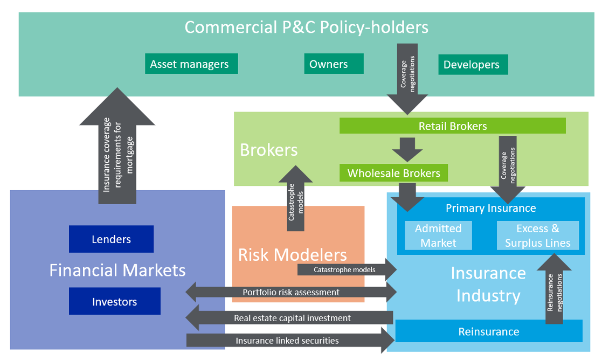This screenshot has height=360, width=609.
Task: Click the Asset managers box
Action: [191, 64]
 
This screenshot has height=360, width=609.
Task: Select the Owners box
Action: [333, 64]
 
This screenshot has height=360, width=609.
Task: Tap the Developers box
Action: [473, 65]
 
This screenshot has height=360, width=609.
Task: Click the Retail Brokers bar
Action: [452, 126]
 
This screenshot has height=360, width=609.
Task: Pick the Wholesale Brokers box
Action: [393, 173]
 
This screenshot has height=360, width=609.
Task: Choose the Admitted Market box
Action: [438, 236]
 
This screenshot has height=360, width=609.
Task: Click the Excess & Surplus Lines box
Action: [537, 236]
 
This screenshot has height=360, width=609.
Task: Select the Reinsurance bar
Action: [489, 331]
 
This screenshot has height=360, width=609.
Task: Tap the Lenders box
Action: [111, 239]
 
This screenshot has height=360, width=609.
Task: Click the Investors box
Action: [114, 301]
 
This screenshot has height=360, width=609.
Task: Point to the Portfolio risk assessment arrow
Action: [291, 292]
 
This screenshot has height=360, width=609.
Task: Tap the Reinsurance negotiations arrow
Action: [554, 291]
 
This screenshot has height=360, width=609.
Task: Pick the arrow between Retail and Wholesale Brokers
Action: [407, 148]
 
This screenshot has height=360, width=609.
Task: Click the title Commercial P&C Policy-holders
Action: [306, 27]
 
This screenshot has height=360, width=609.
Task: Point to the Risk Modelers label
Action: [292, 254]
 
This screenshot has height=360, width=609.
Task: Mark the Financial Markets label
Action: [117, 270]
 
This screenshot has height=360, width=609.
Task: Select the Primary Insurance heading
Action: [490, 208]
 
